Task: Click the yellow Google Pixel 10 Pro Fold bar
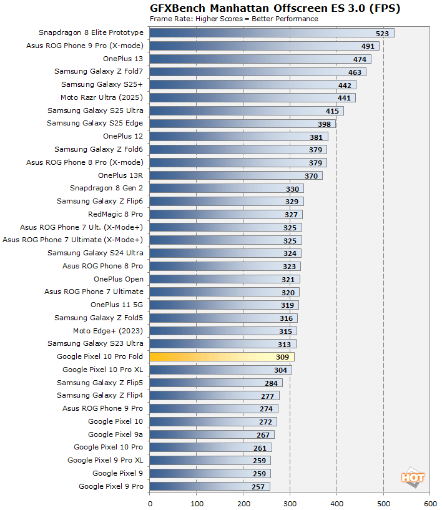pos(222,357)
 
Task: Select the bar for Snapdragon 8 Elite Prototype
pos(272,32)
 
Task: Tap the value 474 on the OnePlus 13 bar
pos(359,59)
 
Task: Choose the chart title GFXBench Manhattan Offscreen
pos(275,8)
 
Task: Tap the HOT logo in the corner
pos(413,478)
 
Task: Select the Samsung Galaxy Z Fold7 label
pos(99,72)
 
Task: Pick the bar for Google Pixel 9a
pos(212,434)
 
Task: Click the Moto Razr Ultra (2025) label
pos(102,97)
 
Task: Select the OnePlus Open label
pos(118,279)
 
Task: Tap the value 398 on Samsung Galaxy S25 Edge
pos(323,124)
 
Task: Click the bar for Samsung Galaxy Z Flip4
pos(214,396)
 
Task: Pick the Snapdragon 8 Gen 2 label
pos(107,188)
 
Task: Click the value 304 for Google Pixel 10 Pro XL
pos(280,370)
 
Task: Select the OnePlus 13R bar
pos(236,175)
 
